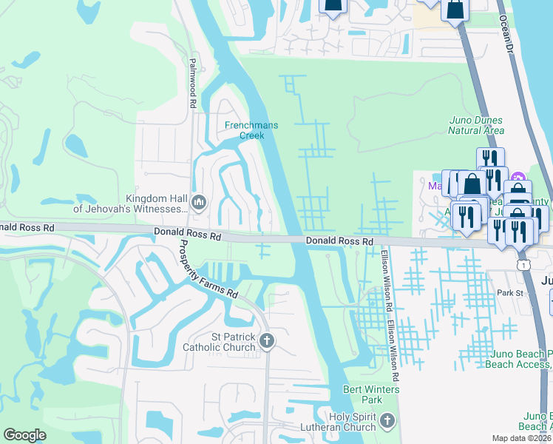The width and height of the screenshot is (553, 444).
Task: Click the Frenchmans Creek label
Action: [x=251, y=130]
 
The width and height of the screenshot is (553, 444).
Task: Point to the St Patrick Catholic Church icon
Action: [x=268, y=340]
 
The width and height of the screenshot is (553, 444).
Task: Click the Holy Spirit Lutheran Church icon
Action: [x=387, y=422]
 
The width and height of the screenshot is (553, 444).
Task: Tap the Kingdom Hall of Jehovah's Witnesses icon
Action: [x=198, y=202]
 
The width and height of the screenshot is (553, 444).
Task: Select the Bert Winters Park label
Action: [x=371, y=395]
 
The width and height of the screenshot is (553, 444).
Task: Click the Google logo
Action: [x=25, y=435]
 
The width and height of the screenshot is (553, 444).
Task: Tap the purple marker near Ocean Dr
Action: [x=518, y=178]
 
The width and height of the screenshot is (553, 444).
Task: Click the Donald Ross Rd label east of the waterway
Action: [x=339, y=242]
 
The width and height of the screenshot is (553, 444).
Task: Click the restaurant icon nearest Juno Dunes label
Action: [x=489, y=159]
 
